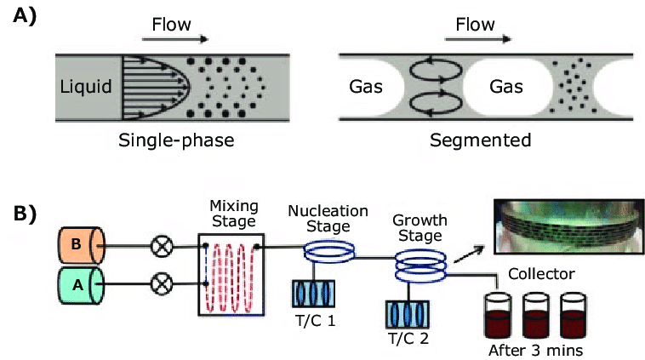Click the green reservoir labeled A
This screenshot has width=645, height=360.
point(80,286)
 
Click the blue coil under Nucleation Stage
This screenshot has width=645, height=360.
point(330,251)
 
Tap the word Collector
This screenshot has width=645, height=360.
point(541,274)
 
